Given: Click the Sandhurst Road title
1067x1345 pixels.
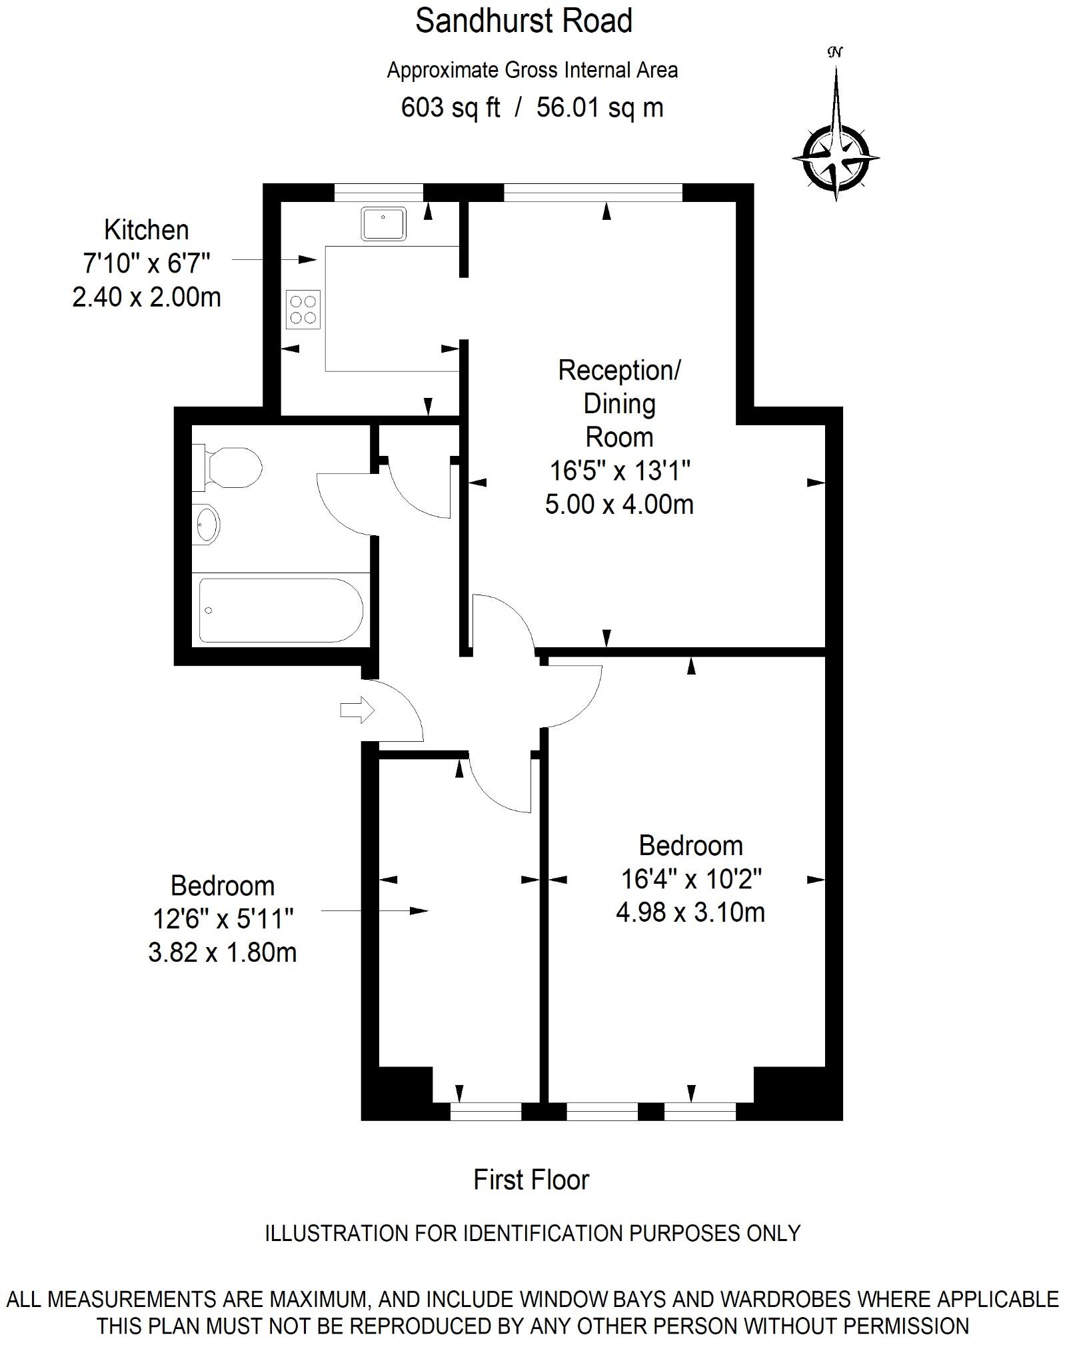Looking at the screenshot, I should coord(523,21).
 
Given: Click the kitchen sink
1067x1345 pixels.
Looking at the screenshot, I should coord(383,223).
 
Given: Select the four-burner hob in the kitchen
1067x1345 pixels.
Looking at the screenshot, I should coord(303,310).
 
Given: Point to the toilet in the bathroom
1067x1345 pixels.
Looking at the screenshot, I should coord(230,467).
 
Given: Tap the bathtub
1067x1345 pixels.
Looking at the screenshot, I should coord(280,610).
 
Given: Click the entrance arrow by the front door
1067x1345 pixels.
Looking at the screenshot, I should coord(357,710).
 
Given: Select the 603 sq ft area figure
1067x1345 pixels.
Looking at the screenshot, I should coord(450,107).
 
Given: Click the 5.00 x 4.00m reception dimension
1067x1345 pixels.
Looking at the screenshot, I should coord(619,505).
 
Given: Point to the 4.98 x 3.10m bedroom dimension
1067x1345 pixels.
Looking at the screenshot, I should coord(690,912).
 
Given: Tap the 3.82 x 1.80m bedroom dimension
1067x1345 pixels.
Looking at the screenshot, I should coord(222,952).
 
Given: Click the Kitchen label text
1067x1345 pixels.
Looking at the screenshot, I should coord(147,230).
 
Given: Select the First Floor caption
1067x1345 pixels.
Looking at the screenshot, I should coord(531,1180).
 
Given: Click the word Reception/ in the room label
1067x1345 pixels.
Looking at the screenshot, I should coord(619,371).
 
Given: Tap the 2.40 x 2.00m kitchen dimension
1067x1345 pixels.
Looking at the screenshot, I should coord(147,297).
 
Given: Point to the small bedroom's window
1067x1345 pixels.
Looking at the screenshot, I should coord(486,1111).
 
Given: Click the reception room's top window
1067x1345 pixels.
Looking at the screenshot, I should coord(593,192).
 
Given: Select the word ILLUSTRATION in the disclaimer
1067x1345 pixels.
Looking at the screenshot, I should coord(337,1233).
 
